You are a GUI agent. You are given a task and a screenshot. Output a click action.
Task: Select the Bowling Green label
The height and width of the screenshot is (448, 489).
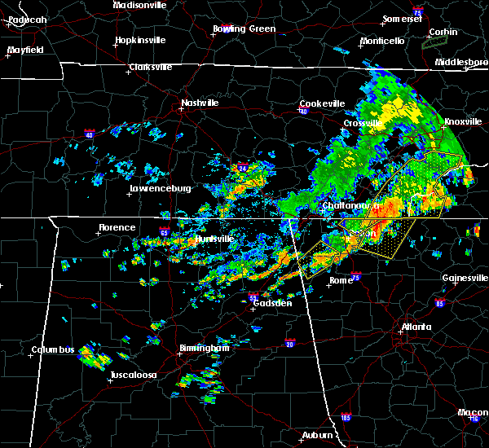[244, 29]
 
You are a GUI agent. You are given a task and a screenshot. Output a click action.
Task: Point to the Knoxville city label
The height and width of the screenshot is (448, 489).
[462, 122]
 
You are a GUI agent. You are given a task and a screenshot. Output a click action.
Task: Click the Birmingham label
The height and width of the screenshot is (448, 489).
[203, 348]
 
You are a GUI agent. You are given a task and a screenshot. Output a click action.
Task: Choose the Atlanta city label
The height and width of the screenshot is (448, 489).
[414, 327]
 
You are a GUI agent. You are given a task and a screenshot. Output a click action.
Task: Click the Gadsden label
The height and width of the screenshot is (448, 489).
[274, 303]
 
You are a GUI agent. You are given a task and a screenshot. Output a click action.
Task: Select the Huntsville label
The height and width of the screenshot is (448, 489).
[215, 239]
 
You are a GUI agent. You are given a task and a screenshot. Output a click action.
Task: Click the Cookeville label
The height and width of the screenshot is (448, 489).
[322, 103]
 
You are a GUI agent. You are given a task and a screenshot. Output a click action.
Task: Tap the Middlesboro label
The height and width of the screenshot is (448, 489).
[460, 62]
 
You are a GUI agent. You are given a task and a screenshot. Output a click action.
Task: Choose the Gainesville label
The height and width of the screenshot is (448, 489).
[465, 278]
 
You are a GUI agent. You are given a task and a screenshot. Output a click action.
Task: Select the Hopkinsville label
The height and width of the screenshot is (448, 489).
[140, 40]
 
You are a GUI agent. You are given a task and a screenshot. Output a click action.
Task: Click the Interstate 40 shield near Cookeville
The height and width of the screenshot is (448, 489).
[303, 112]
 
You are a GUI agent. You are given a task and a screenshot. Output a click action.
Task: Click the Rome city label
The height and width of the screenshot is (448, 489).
[341, 281]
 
